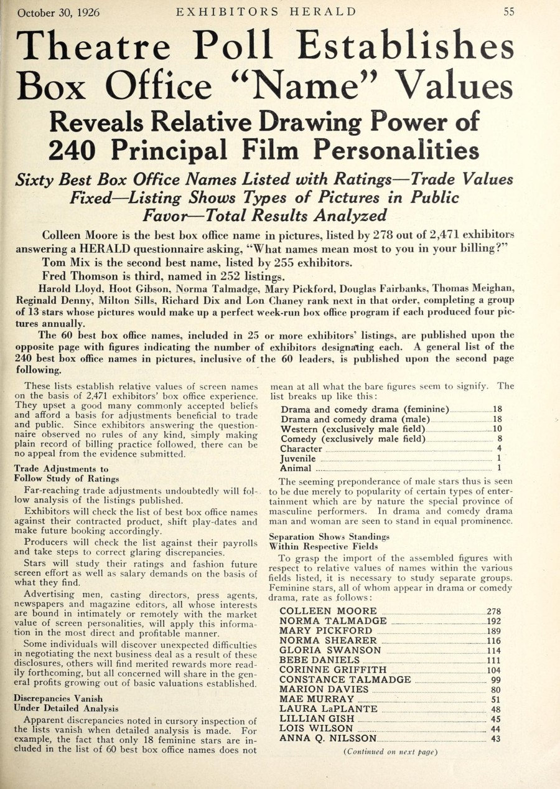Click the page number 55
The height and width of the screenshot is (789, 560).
click(508, 12)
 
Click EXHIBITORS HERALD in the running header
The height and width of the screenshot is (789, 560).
click(266, 12)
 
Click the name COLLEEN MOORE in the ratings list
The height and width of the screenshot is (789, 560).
click(328, 611)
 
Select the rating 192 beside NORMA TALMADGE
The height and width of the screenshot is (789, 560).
click(493, 621)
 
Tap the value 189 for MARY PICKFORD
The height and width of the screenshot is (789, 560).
click(493, 631)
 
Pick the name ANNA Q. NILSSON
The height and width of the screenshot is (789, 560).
click(328, 739)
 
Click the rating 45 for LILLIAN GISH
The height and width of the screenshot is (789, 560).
click(495, 719)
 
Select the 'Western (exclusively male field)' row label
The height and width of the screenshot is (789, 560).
click(353, 429)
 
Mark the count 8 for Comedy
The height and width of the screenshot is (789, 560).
click(499, 439)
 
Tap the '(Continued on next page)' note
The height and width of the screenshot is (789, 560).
click(390, 752)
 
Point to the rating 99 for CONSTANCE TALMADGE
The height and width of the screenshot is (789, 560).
click(495, 680)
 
